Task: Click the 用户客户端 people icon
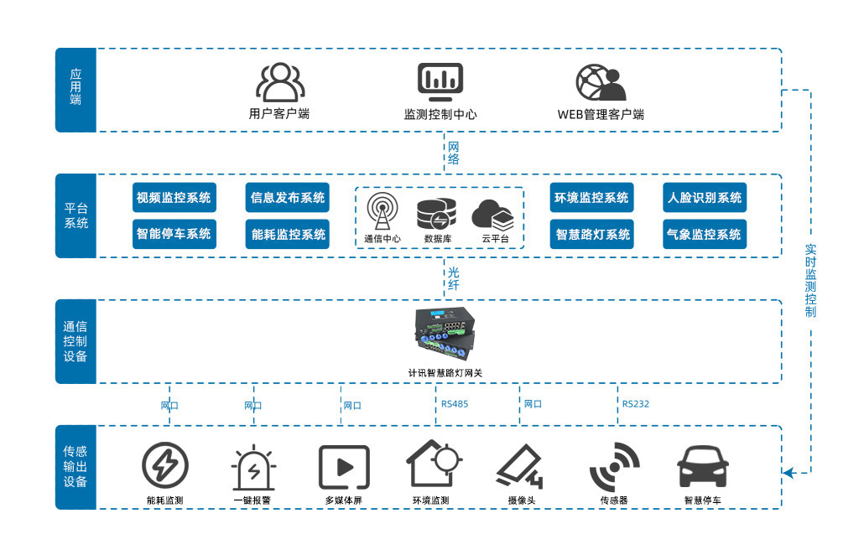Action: click(x=279, y=82)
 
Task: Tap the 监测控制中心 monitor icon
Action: click(x=440, y=82)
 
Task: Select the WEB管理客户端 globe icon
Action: click(x=601, y=82)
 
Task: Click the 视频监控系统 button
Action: click(x=174, y=198)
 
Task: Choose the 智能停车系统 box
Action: click(x=174, y=234)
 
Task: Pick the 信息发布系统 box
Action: click(x=288, y=198)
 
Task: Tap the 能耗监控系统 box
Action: click(x=288, y=234)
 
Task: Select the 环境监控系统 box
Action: click(x=591, y=198)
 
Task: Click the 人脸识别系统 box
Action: click(x=704, y=198)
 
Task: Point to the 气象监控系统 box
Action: click(x=704, y=234)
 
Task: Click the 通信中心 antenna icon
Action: click(x=383, y=211)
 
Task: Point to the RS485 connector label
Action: click(x=455, y=404)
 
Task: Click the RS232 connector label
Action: click(x=635, y=404)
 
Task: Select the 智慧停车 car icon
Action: click(x=702, y=466)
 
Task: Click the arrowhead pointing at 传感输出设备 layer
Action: click(x=788, y=473)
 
